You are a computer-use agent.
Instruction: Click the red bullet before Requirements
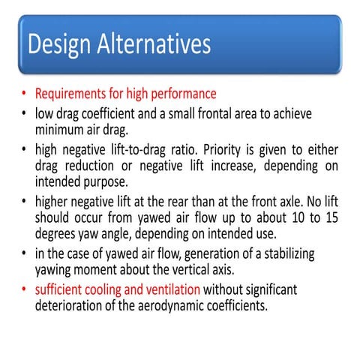pyautogui.click(x=25, y=95)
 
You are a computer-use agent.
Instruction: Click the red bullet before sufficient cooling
pyautogui.click(x=25, y=289)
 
